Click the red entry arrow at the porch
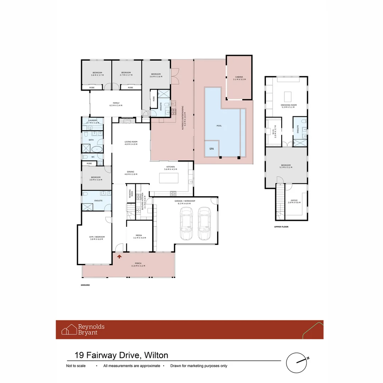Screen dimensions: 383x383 click(x=120, y=255)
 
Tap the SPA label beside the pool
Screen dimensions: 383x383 click(x=212, y=149)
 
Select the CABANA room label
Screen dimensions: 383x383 click(x=240, y=78)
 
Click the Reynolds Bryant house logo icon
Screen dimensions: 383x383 click(x=69, y=329)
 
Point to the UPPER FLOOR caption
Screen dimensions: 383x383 click(x=281, y=226)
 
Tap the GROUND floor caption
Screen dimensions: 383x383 click(x=85, y=285)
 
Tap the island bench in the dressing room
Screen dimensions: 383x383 click(x=288, y=96)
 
